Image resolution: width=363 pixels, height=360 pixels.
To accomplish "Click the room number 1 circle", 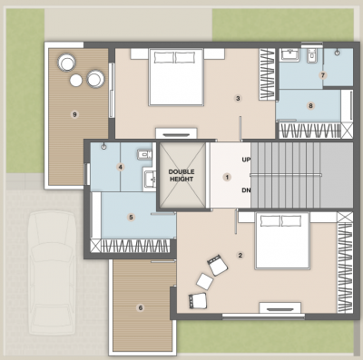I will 228,177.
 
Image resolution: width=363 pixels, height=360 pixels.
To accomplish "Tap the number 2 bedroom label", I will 240,255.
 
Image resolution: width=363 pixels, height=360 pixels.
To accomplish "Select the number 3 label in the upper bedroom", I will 238,98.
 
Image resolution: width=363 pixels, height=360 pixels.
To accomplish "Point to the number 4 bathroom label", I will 120,167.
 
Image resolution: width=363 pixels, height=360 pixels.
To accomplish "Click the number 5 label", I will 132,217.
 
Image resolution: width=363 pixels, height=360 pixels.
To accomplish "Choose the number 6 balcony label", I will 141,307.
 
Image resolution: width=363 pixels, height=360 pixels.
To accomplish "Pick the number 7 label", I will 322,74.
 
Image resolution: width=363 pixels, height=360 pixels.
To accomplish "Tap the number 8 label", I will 310,106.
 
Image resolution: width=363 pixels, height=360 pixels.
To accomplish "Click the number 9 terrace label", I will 74,113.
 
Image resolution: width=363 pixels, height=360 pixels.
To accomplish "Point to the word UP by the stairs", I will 246,160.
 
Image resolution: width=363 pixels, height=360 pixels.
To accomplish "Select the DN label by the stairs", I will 246,190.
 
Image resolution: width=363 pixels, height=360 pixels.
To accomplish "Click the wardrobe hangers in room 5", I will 136,245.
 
